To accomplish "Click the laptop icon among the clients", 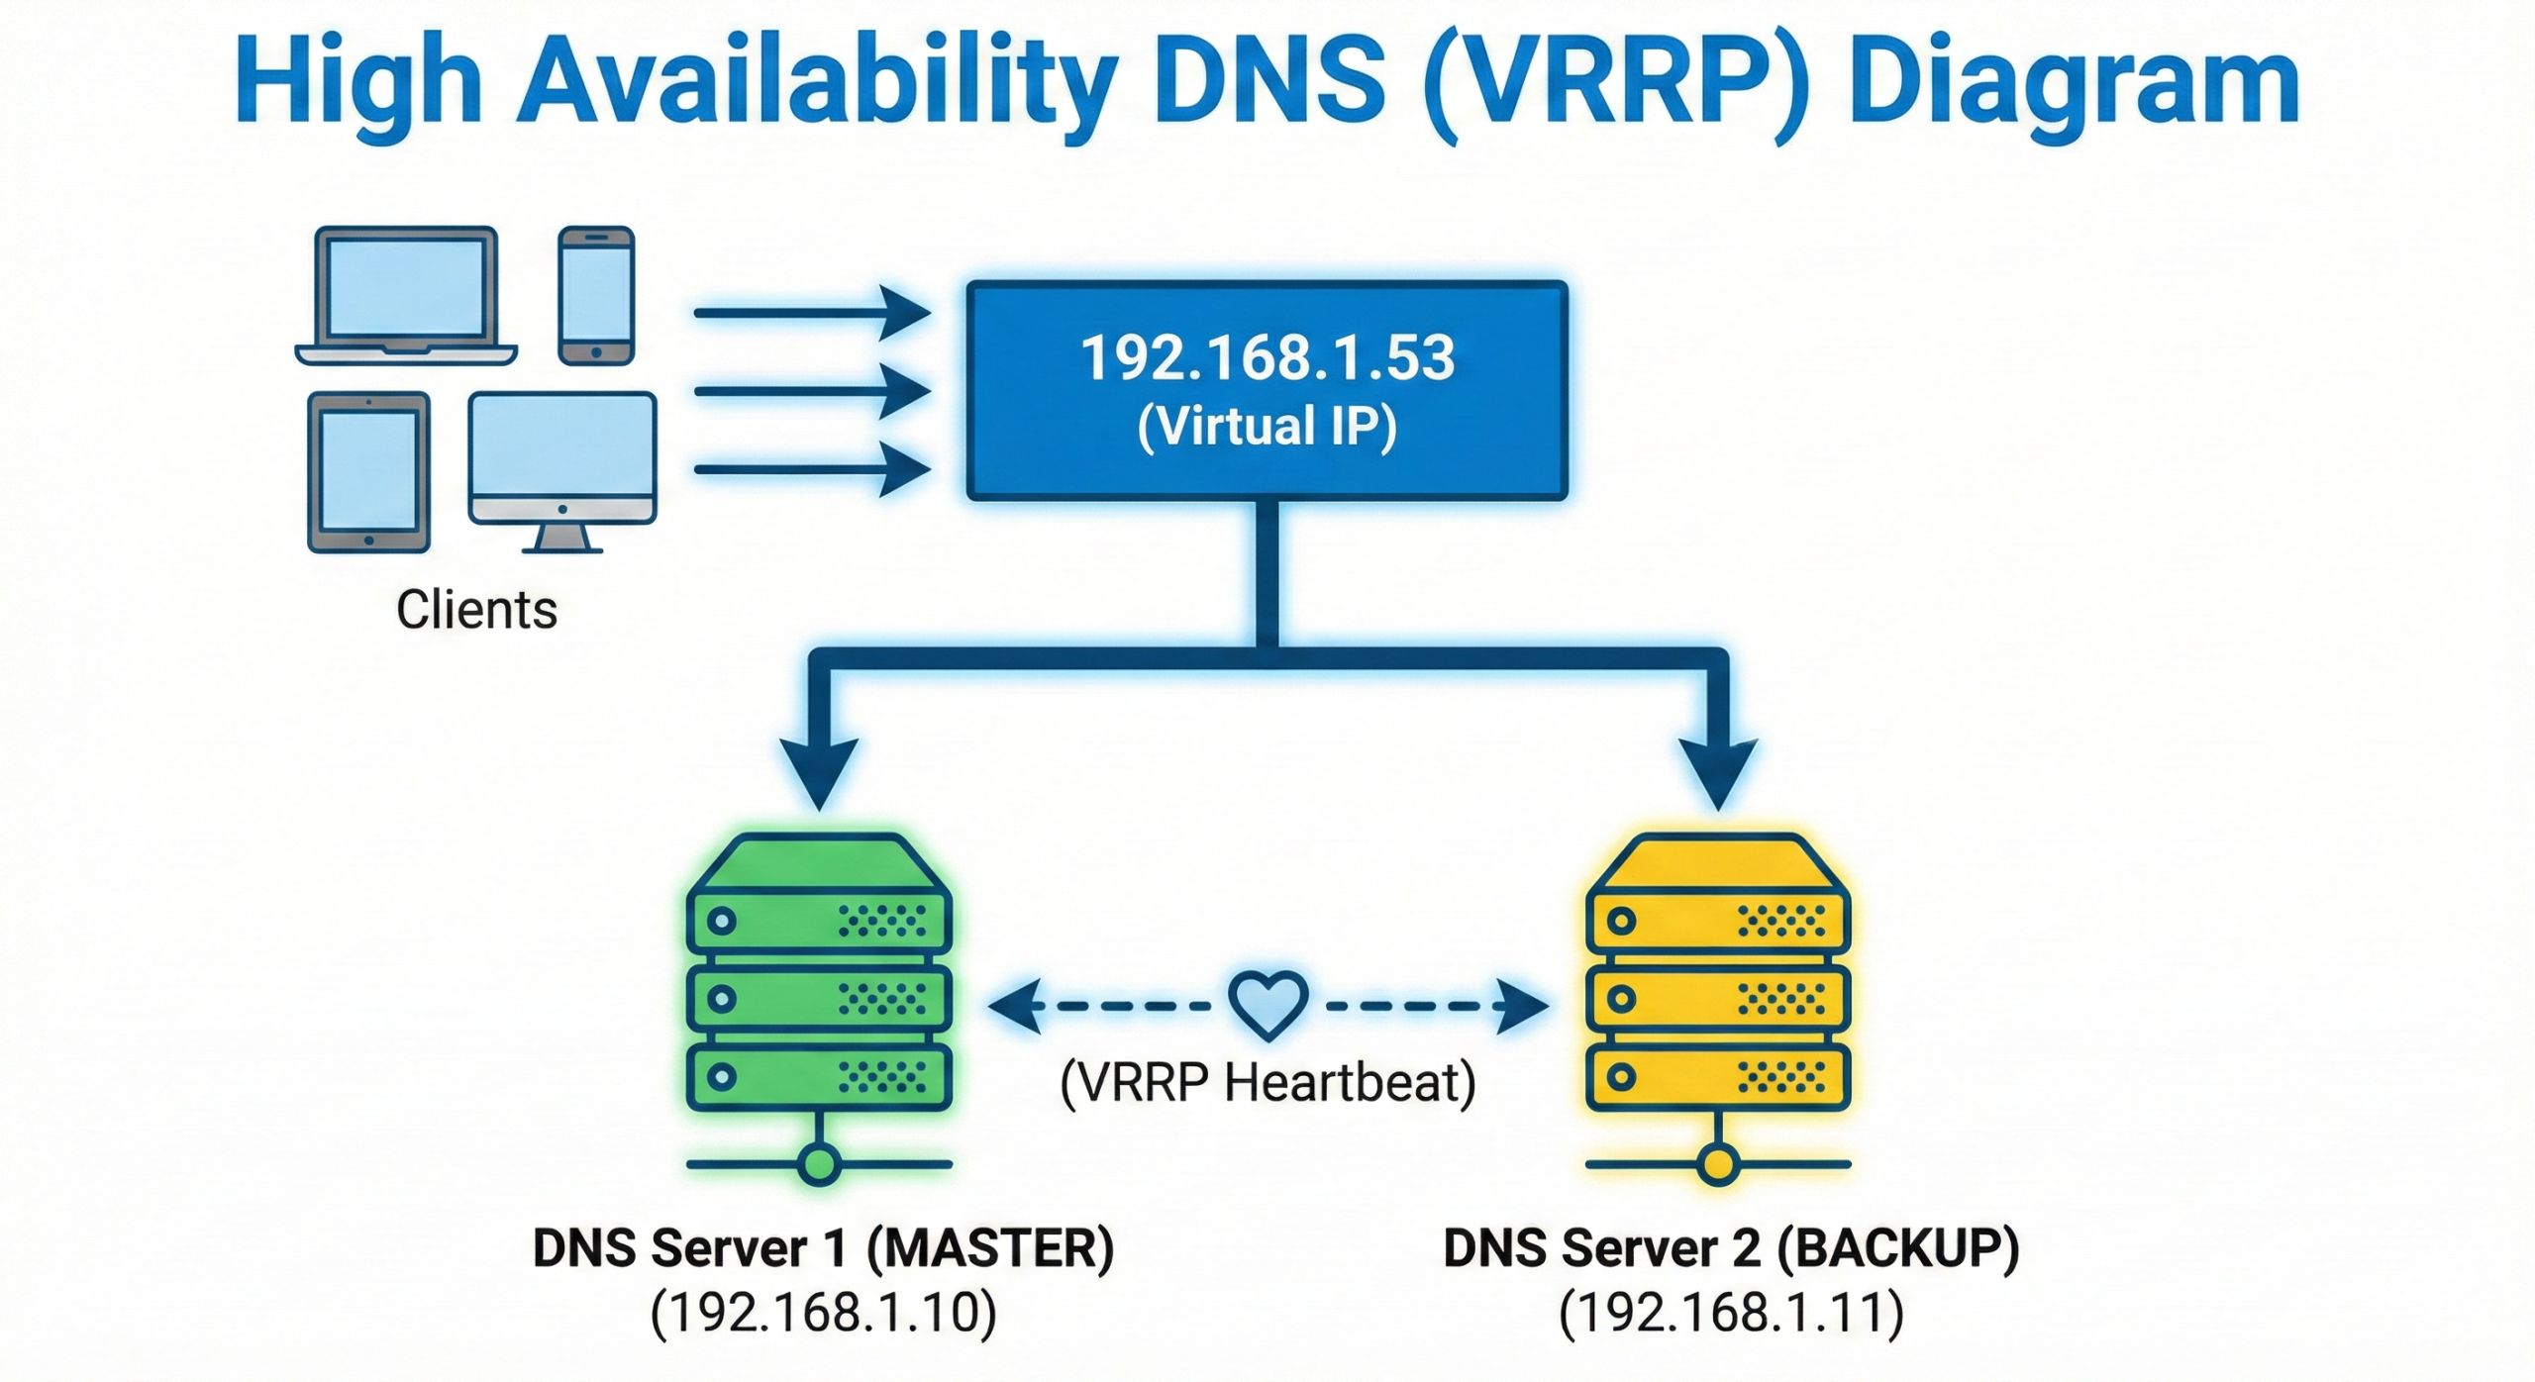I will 406,295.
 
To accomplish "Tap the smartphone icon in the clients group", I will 595,295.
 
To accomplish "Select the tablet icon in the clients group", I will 368,471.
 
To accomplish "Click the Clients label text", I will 476,609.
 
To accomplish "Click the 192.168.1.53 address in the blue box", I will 1267,357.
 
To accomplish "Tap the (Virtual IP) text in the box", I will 1267,426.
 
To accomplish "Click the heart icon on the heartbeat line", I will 1267,1004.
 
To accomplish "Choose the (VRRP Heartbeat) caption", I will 1267,1081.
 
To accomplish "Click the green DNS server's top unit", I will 819,922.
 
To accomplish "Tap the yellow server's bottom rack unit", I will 1718,1076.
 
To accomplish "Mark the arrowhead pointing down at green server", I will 819,772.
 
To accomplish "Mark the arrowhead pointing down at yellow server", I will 1718,772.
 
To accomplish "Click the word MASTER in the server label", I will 990,1247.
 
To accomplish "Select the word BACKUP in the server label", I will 1897,1247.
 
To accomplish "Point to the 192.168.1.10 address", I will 823,1313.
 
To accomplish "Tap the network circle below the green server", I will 819,1163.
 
